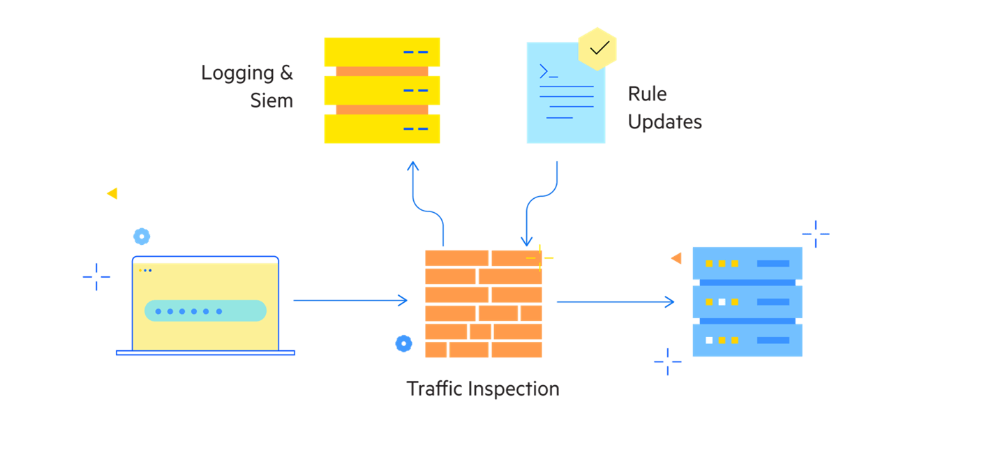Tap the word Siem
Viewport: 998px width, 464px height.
coord(271,100)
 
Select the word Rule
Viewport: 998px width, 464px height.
coord(647,94)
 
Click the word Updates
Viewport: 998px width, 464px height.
coord(664,122)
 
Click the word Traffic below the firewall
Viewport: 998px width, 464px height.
coord(433,389)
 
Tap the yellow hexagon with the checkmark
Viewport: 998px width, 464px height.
coord(598,48)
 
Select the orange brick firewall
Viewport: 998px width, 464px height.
coord(483,304)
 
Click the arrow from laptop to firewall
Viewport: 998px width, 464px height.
coord(349,301)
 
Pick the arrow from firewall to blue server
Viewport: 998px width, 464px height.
coord(614,302)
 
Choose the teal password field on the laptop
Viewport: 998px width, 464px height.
coord(205,310)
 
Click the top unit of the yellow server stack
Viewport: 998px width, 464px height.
coord(382,52)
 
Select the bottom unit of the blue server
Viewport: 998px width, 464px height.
coord(747,340)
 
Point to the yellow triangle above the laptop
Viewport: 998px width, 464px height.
coord(112,193)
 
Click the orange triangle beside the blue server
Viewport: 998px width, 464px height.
coord(676,258)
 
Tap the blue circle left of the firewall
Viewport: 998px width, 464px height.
coord(403,343)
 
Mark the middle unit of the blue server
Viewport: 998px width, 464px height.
coord(747,302)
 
